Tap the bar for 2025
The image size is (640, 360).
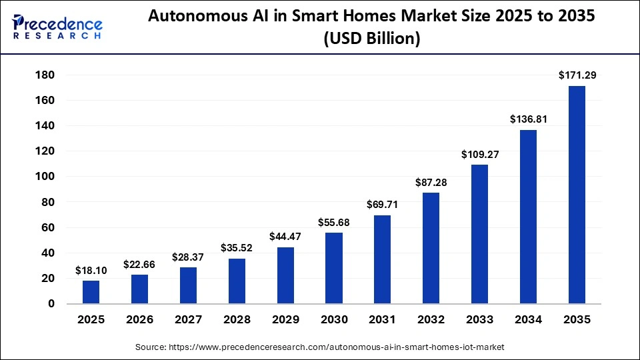click(x=91, y=292)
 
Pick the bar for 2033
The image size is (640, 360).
click(x=479, y=234)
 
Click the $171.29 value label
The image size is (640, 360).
click(x=577, y=76)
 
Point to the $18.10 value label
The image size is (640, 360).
click(x=91, y=270)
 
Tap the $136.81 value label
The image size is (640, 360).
click(x=528, y=119)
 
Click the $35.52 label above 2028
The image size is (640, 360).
click(x=237, y=248)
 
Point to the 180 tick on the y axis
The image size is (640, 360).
click(x=45, y=75)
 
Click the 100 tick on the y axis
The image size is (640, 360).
click(x=45, y=177)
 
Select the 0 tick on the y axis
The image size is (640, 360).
click(x=51, y=304)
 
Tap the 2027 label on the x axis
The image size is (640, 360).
click(x=188, y=320)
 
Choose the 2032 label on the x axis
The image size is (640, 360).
click(x=431, y=320)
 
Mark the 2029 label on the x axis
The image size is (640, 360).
click(x=285, y=320)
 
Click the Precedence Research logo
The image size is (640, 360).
click(x=57, y=27)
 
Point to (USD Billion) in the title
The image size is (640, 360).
click(x=371, y=39)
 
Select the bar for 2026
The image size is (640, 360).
click(x=139, y=289)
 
